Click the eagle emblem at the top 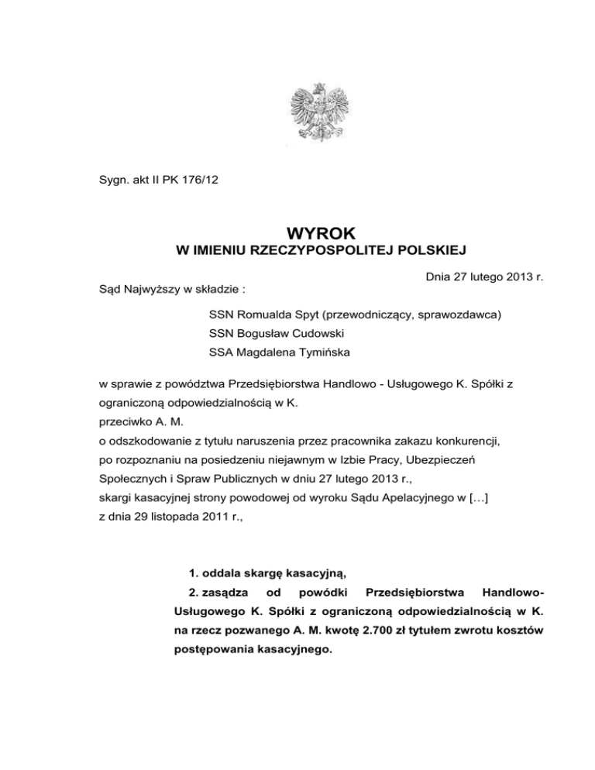click(x=318, y=112)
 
